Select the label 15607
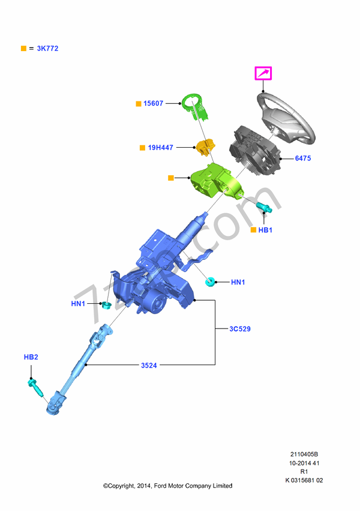pyautogui.click(x=153, y=104)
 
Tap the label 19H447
pyautogui.click(x=161, y=147)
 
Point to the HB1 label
pyautogui.click(x=265, y=230)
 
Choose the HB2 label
pyautogui.click(x=31, y=357)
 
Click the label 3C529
pyautogui.click(x=241, y=329)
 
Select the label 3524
pyautogui.click(x=149, y=365)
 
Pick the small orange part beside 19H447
pyautogui.click(x=206, y=146)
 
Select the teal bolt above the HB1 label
pyautogui.click(x=265, y=208)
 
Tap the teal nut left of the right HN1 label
pyautogui.click(x=210, y=281)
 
